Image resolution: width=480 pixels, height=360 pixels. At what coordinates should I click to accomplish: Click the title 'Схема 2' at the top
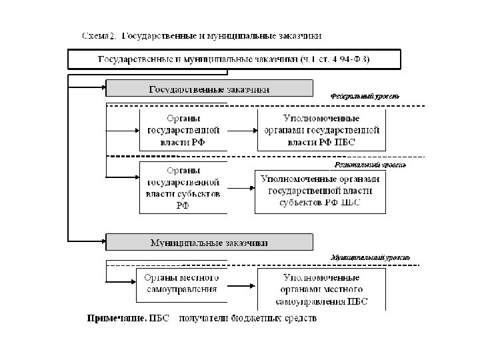(x=99, y=35)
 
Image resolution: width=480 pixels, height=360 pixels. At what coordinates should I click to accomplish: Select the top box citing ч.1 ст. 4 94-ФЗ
(x=234, y=59)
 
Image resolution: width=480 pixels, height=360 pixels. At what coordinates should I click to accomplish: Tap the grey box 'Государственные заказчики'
(x=209, y=89)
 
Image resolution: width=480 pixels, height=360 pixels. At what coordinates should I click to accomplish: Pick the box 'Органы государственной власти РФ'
(x=183, y=129)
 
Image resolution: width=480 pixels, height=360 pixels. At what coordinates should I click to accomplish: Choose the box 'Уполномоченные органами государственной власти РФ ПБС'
(x=322, y=129)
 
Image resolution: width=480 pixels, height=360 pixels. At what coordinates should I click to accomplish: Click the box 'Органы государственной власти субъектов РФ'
(x=183, y=187)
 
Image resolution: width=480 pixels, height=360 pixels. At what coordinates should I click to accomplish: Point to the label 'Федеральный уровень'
(x=365, y=96)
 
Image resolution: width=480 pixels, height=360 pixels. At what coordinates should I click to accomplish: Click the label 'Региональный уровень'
(x=369, y=164)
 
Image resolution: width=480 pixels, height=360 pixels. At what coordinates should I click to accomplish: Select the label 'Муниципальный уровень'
(x=370, y=257)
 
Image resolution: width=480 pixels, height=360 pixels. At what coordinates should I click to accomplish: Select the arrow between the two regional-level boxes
(x=241, y=189)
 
